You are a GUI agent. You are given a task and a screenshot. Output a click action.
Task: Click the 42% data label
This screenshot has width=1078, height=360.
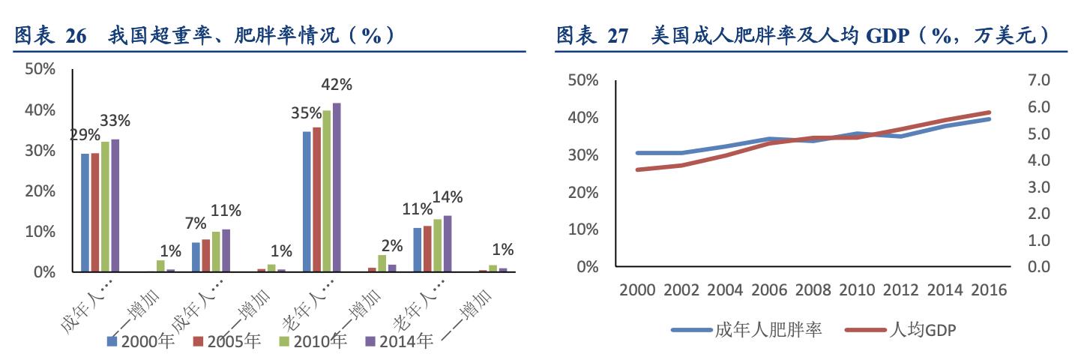tap(336, 85)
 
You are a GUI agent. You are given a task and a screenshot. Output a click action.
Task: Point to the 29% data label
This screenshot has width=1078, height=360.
tap(85, 135)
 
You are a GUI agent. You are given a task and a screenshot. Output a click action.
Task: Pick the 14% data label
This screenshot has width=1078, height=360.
tap(448, 197)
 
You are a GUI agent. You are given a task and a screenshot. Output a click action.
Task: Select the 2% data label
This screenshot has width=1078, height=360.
tap(391, 245)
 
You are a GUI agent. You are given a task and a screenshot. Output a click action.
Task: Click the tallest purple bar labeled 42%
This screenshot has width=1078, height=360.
tap(337, 187)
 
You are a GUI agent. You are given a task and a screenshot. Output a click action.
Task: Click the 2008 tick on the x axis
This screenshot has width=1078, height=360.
tap(813, 290)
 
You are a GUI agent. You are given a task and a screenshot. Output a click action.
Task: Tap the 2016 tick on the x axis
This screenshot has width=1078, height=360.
tap(987, 290)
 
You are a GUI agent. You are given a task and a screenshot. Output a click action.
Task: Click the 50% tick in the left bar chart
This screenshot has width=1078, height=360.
tap(40, 69)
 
